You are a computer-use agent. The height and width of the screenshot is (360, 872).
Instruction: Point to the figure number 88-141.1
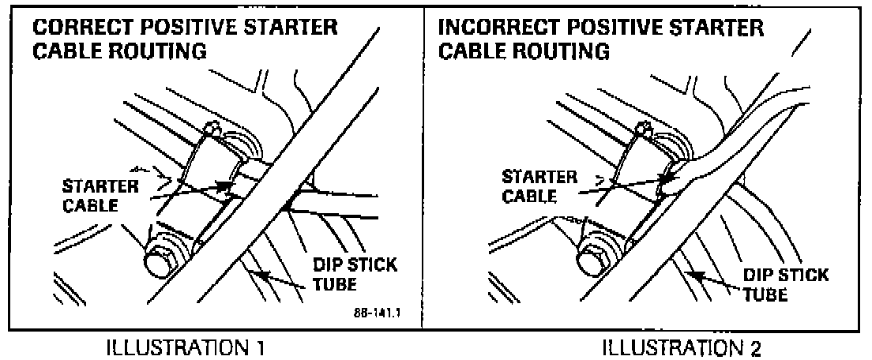point(379,312)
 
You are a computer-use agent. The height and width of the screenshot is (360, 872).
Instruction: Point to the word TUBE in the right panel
point(765,294)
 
